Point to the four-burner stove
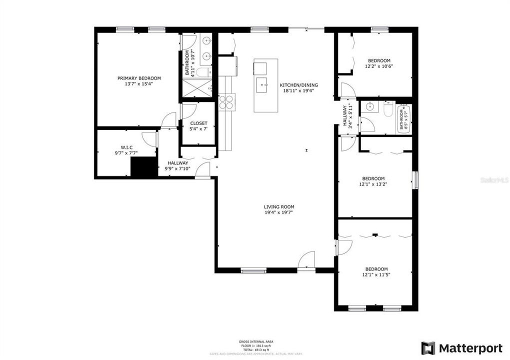(226, 101)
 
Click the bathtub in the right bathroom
(403, 118)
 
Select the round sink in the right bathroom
(369, 106)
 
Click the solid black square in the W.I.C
(144, 167)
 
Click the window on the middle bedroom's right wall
(415, 179)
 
